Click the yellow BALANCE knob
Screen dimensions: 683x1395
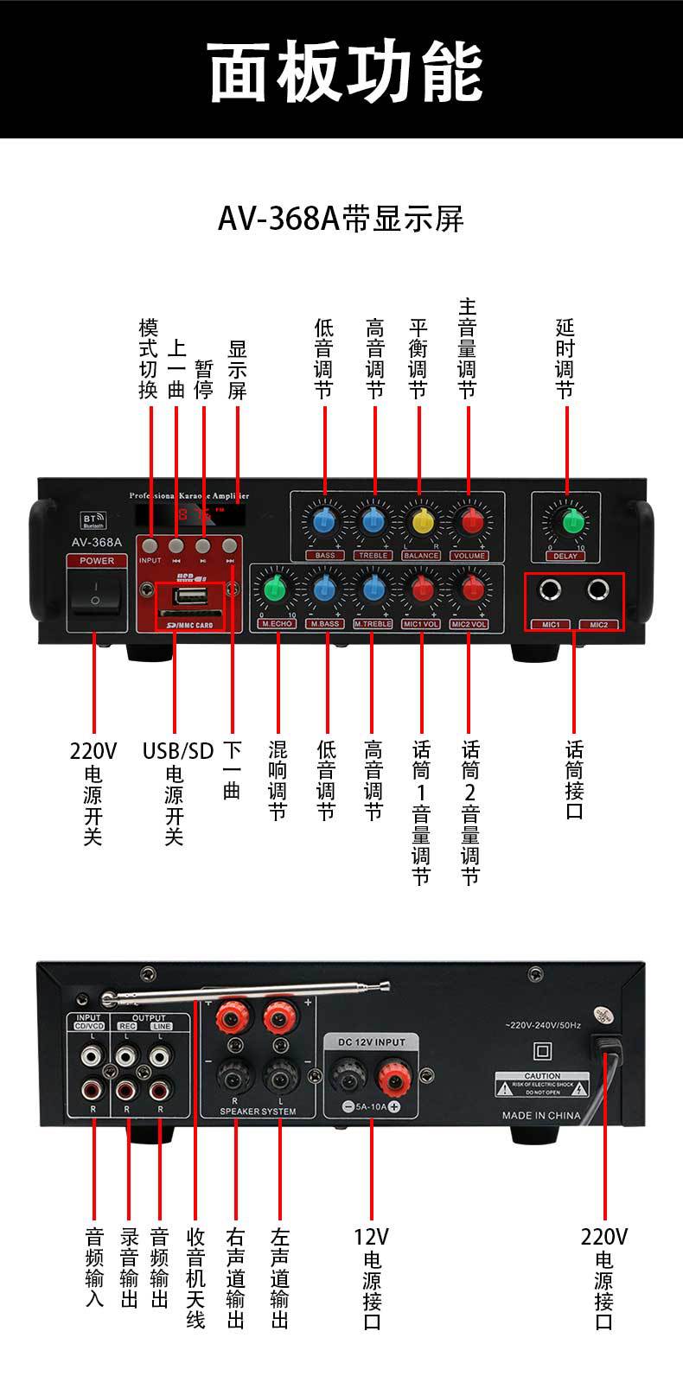coord(422,521)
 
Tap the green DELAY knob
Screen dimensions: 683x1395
coord(571,521)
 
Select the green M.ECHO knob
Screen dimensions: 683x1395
coord(275,589)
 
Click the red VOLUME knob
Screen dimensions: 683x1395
coord(470,521)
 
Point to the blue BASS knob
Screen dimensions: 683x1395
coord(324,521)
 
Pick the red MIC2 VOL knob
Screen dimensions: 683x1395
coord(470,589)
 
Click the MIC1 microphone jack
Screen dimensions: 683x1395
coord(550,590)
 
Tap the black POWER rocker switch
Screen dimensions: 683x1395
coord(96,592)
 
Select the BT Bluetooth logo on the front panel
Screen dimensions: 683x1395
coord(93,519)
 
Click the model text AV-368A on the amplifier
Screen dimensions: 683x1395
coord(96,543)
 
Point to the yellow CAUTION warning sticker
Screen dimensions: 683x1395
coord(542,1084)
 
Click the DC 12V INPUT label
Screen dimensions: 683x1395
coord(372,1042)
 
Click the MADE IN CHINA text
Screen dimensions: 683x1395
coord(541,1115)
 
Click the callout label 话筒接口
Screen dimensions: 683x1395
coord(575,779)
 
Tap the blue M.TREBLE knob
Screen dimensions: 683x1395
coord(373,589)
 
